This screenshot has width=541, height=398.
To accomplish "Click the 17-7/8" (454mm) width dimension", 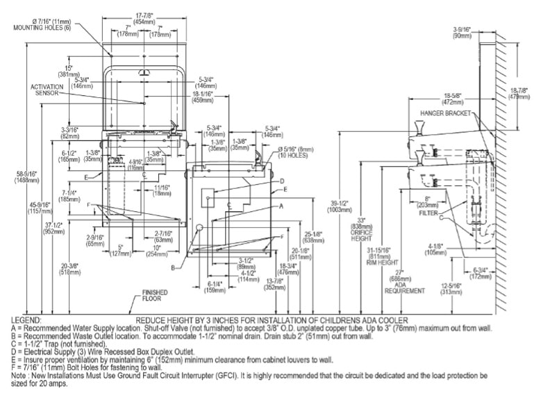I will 144,18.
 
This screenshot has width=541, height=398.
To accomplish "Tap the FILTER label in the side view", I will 428,214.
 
